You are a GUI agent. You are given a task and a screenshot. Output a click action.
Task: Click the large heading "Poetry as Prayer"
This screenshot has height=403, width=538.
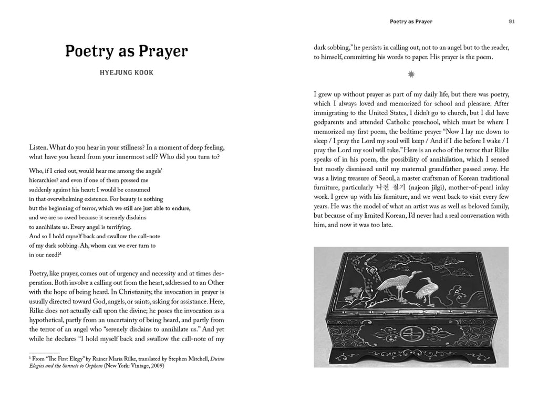click(x=126, y=51)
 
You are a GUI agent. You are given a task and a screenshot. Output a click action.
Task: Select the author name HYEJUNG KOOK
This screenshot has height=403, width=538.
click(x=126, y=72)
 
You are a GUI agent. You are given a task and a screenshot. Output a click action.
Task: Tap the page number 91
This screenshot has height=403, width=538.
click(x=511, y=22)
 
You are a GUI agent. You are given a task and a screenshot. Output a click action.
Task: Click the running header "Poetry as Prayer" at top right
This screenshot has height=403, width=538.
click(x=411, y=22)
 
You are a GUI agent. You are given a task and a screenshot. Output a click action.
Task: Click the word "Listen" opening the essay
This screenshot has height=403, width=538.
click(x=38, y=149)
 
